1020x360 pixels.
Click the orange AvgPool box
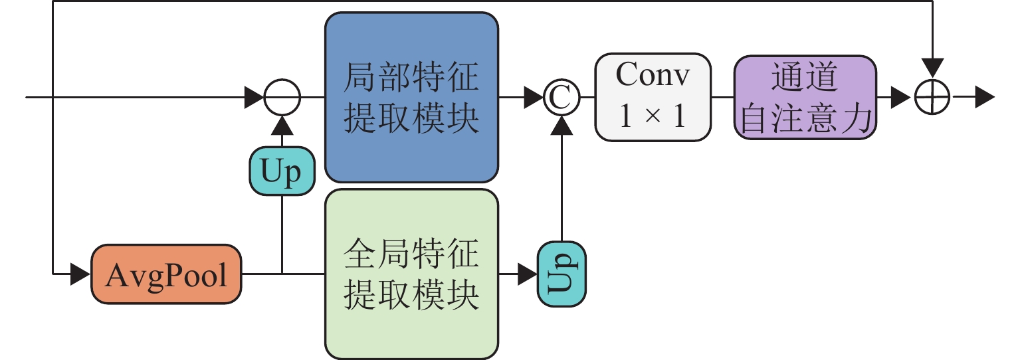pos(166,274)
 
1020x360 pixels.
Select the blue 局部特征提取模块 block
pos(411,98)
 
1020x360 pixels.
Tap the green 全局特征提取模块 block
pos(411,274)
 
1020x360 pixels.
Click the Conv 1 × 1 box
pos(653,98)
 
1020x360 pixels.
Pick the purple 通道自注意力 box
pos(805,98)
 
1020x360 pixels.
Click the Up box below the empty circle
pos(282,171)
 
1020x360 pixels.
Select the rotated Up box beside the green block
pos(561,274)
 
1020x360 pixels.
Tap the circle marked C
pos(561,98)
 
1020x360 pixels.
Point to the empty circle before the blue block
pos(282,98)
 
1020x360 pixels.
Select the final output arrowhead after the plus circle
pos(985,98)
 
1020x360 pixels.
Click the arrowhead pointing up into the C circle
pos(561,124)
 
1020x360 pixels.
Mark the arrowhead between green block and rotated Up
pos(528,274)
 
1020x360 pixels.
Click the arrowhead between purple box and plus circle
pos(900,98)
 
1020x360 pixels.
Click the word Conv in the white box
pos(653,76)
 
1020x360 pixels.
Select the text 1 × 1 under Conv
pos(653,118)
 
